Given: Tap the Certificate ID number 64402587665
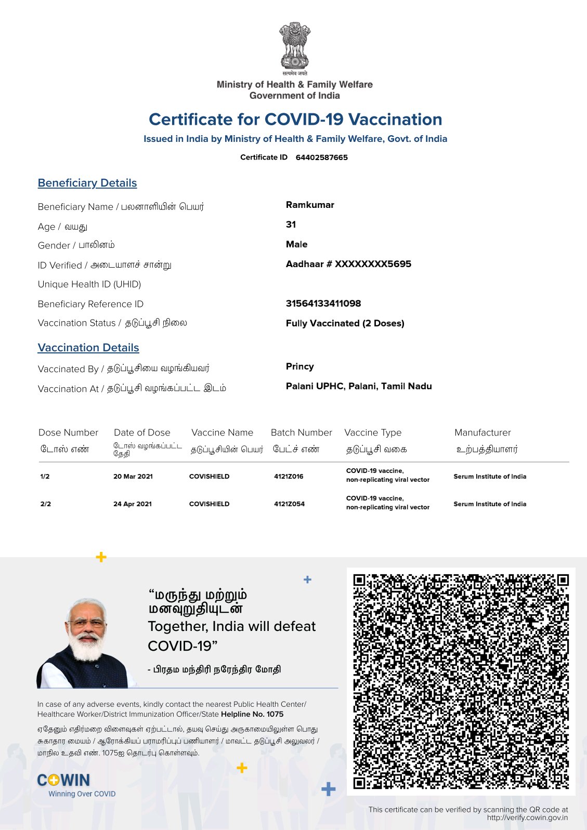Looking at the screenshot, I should coord(321,157).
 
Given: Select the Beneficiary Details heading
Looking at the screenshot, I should coord(87,183).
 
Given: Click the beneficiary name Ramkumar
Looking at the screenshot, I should coord(310,205).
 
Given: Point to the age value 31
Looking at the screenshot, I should coord(291,225).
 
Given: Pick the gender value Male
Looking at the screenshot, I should coord(296,244).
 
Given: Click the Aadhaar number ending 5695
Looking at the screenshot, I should coord(348,264).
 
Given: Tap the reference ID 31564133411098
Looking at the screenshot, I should coord(323,304).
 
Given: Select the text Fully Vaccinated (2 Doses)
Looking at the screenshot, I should coord(345,323).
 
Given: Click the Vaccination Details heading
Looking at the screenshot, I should coord(88,348).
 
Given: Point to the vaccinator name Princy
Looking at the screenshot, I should coord(299,366).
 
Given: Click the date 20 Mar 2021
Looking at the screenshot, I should coord(133,477).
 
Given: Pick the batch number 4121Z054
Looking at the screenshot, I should coord(289,504).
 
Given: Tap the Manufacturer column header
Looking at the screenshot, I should coord(482,432).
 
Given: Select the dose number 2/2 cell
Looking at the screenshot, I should coord(46,504).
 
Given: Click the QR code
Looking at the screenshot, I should coord(461,681).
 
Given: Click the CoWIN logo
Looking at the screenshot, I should coord(64,780).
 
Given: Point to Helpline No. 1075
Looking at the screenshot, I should coord(252,714).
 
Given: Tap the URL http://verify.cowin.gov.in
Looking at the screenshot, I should coord(527,818).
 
